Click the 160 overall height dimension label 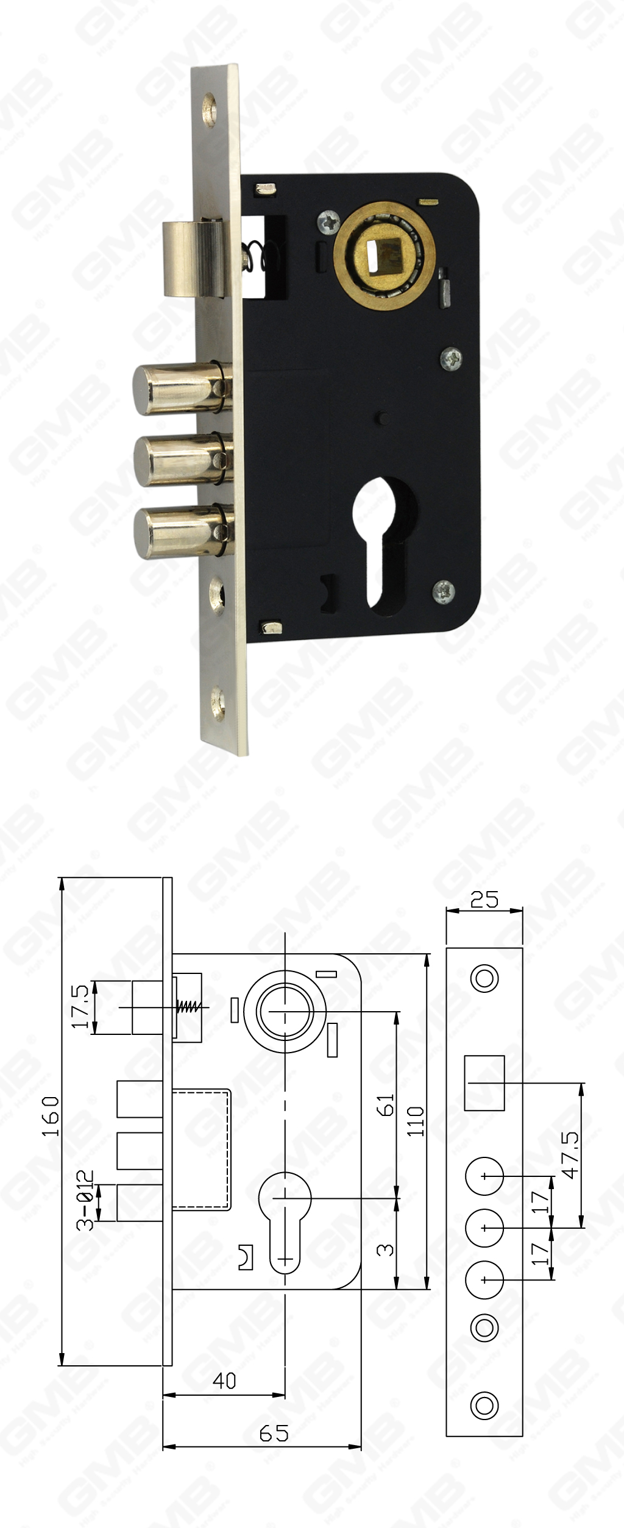point(51,1116)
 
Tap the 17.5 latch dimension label point(81,1007)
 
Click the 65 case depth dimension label point(274,1433)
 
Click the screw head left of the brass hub point(329,221)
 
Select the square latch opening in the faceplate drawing point(484,1082)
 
